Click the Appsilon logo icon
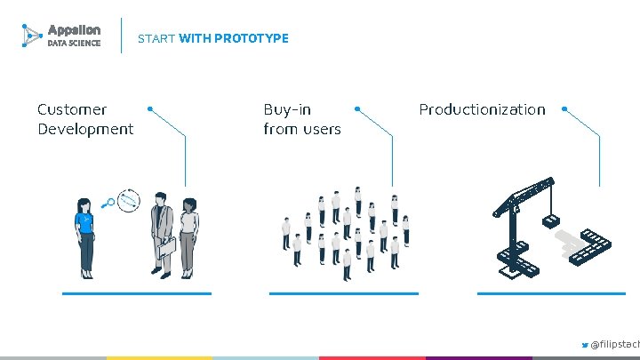[31, 36]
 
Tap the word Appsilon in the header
[74, 29]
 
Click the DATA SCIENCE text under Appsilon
[74, 43]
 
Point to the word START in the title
[156, 38]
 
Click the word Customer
[72, 109]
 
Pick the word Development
[85, 129]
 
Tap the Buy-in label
[287, 109]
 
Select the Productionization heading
[482, 109]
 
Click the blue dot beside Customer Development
[150, 108]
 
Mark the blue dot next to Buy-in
[357, 108]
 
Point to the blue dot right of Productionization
[565, 109]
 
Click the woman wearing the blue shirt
[85, 236]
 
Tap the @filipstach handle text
[615, 344]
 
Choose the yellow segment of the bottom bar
[159, 357]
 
